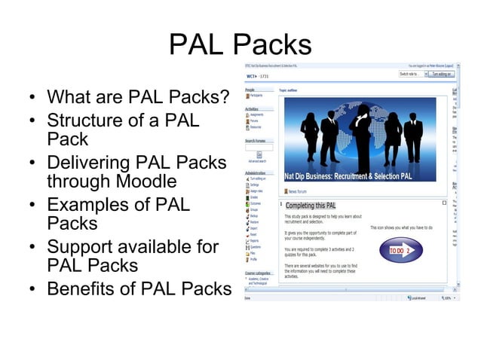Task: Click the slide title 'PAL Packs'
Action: click(240, 44)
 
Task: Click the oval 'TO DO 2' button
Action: click(400, 249)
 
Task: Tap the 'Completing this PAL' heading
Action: click(311, 206)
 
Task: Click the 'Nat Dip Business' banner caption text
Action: click(348, 176)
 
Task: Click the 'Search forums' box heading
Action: click(257, 140)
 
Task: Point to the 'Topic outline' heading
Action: click(290, 90)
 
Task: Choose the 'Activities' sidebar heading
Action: click(253, 109)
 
